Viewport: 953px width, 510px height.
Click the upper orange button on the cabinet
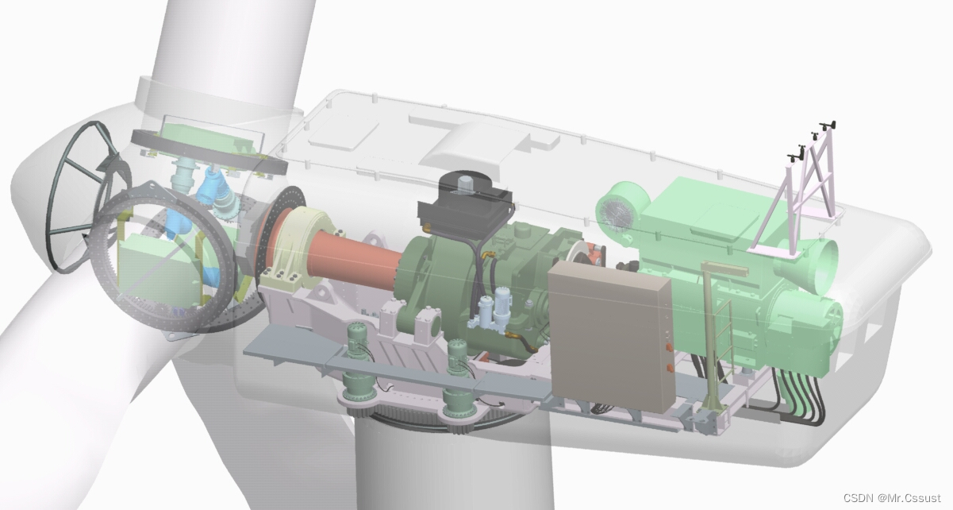(x=669, y=347)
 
